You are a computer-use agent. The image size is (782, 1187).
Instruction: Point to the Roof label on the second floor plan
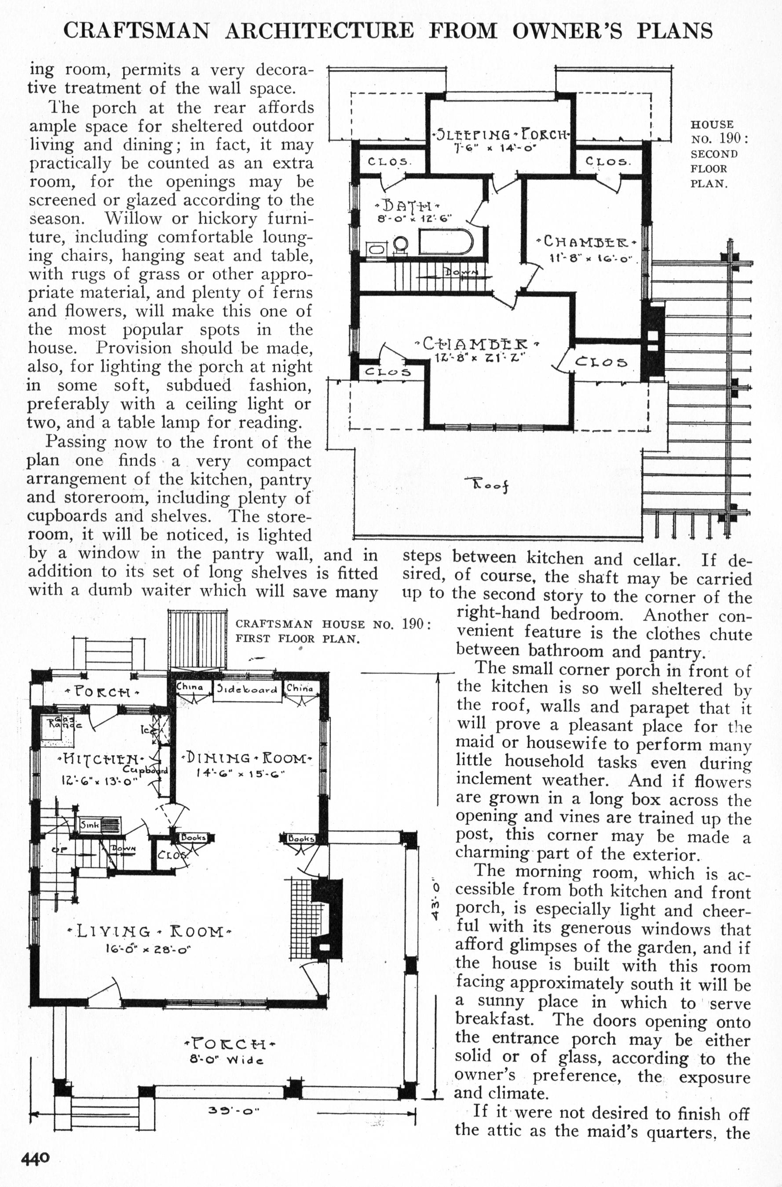(488, 484)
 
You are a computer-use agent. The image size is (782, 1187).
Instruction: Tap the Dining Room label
(248, 758)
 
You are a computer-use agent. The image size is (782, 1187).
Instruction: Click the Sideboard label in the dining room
(246, 690)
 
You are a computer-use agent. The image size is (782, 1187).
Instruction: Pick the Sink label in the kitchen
(90, 824)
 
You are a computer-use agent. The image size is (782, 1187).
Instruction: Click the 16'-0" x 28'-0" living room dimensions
(148, 949)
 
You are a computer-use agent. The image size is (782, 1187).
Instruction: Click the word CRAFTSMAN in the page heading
(136, 31)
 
